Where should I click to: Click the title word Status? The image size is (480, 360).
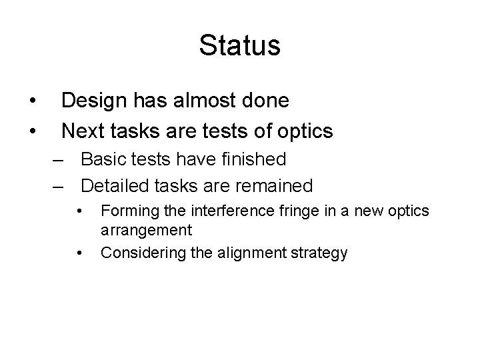coord(239,46)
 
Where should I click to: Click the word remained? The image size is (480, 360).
coord(275,185)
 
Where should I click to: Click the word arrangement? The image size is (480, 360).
coord(146,231)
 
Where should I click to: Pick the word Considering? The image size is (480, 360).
coord(136,253)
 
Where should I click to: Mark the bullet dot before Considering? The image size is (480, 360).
coord(80,254)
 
